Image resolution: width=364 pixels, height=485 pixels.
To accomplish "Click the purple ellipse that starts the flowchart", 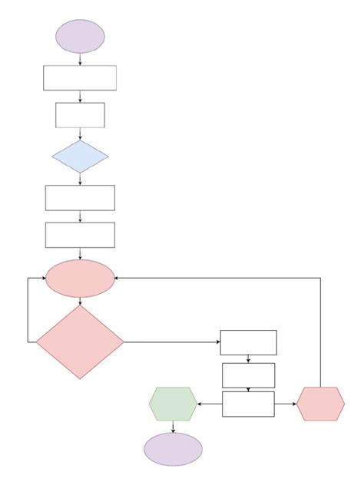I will point(80,36).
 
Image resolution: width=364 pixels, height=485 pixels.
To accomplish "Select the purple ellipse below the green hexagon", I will point(173,449).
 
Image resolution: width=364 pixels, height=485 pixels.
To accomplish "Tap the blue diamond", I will point(80,157).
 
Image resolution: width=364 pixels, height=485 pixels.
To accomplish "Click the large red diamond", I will point(80,342).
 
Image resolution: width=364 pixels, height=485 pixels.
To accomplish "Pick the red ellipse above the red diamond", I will point(80,278).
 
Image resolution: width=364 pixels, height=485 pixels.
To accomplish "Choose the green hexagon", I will point(173,404).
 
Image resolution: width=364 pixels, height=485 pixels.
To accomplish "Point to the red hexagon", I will point(320,404).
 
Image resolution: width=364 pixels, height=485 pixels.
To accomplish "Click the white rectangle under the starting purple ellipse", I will point(80,78).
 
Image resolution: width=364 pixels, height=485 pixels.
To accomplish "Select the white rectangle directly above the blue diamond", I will point(80,115).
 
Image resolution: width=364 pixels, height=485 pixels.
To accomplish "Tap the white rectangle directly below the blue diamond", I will point(80,197).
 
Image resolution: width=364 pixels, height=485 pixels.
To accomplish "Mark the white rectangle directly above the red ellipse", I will point(80,235).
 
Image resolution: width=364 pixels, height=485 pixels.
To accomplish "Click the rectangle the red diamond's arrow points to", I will point(248,342).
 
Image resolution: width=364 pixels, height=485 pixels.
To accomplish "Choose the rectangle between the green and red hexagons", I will point(248,404).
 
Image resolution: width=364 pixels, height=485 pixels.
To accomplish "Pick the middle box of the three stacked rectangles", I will point(248,375).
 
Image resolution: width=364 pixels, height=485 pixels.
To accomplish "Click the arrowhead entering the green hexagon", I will point(200,404).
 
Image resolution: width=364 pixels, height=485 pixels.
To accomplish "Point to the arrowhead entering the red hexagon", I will point(294,404).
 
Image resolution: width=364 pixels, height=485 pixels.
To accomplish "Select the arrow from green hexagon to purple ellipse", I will point(173,427).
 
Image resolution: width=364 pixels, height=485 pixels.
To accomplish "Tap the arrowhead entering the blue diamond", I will point(80,138).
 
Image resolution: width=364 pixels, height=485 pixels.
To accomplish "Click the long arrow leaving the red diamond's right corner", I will point(172,342).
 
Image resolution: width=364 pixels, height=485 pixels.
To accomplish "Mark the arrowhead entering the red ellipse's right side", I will point(117,278).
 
